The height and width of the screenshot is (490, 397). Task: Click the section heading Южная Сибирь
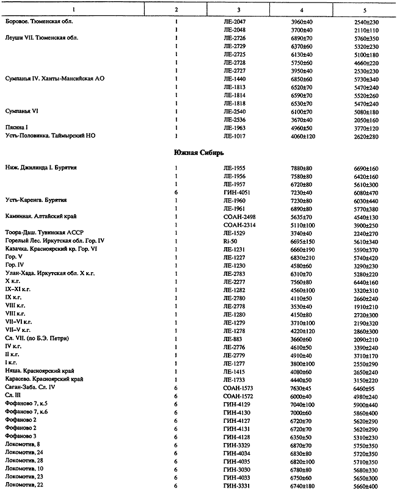[198, 153]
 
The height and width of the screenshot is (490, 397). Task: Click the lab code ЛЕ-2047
[236, 21]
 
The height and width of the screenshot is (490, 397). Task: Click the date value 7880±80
[302, 167]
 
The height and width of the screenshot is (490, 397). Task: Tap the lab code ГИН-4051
[238, 192]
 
